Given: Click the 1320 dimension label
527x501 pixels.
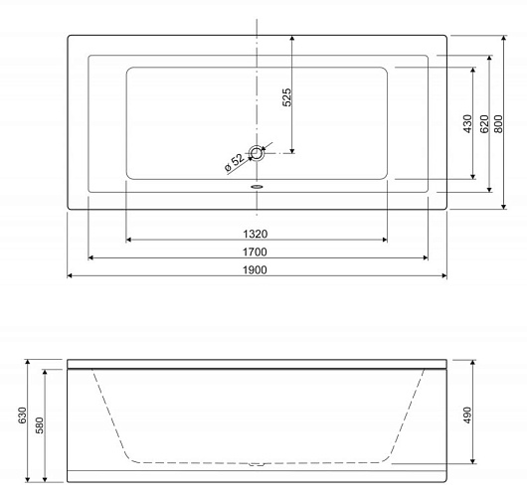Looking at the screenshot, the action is (256, 234).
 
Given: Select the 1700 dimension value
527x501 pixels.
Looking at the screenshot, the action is (255, 251).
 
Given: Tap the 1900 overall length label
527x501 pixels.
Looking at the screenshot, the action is (255, 269).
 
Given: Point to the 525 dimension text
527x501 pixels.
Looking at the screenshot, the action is (286, 97).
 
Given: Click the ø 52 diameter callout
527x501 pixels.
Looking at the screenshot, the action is (235, 163).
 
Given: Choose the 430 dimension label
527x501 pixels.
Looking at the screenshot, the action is (467, 123).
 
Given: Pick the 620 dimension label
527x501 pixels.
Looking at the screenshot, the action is (484, 123).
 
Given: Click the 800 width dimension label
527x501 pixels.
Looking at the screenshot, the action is (499, 123).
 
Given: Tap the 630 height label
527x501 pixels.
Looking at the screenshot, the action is (22, 416).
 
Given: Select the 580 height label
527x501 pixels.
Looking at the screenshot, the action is (40, 425).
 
